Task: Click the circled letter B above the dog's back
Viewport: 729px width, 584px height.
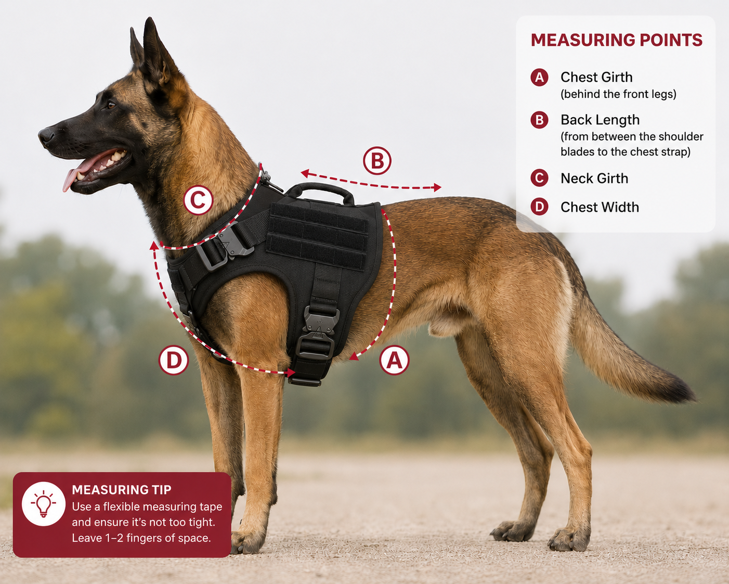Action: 377,160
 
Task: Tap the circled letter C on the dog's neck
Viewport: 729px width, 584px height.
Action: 198,200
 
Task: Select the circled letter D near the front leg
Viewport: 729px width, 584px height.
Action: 174,360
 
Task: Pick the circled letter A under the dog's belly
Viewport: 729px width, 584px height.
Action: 394,360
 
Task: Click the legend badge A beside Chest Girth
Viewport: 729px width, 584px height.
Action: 539,78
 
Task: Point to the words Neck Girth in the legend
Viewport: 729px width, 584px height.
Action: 594,179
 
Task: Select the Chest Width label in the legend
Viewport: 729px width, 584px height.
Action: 600,207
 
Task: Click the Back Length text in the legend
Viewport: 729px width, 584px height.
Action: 600,120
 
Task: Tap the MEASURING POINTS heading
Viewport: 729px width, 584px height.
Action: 617,40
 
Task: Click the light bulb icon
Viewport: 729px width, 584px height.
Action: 43,503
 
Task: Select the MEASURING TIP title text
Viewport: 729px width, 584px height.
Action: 122,490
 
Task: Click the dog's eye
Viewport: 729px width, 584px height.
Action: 111,105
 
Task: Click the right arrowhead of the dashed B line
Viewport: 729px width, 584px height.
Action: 438,187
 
